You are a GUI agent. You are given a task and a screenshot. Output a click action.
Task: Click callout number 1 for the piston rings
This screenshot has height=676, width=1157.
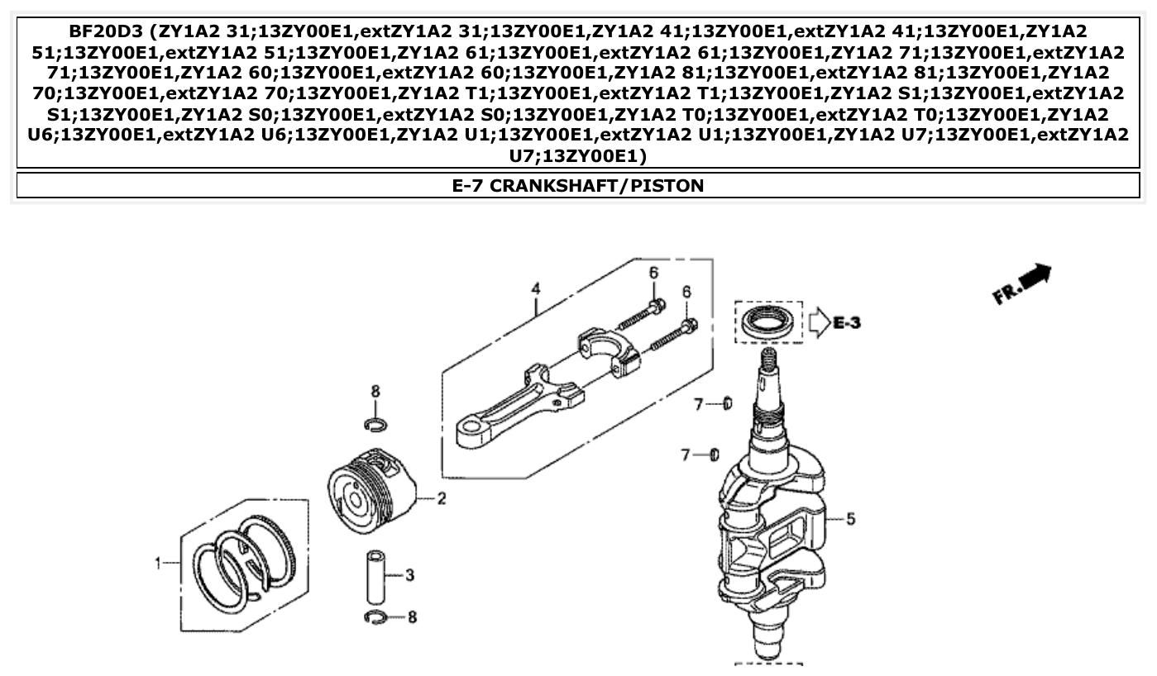click(157, 563)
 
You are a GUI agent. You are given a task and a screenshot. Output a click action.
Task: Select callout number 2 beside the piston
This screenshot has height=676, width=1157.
click(441, 498)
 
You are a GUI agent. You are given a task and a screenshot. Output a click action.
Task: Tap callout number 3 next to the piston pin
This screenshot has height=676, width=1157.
click(409, 574)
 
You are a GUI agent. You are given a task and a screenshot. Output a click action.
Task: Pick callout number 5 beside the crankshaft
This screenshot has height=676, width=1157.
click(850, 519)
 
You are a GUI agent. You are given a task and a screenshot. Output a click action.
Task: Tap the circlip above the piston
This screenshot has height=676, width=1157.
click(375, 425)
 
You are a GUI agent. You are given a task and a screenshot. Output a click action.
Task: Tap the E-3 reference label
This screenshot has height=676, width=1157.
click(846, 322)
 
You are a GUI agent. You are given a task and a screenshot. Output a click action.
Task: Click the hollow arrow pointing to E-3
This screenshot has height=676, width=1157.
click(817, 321)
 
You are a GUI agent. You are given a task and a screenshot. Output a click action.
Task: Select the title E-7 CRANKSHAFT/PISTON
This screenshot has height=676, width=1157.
click(577, 185)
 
